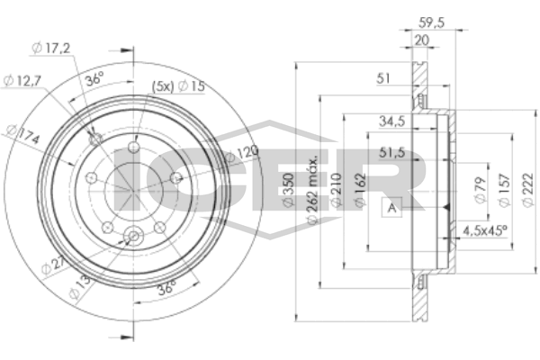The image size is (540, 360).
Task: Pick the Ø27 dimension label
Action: pyautogui.click(x=53, y=264)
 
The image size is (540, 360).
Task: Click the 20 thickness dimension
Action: pyautogui.click(x=422, y=40)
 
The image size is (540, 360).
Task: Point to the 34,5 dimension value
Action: pyautogui.click(x=391, y=120)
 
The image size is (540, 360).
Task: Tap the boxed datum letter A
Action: pyautogui.click(x=392, y=208)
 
